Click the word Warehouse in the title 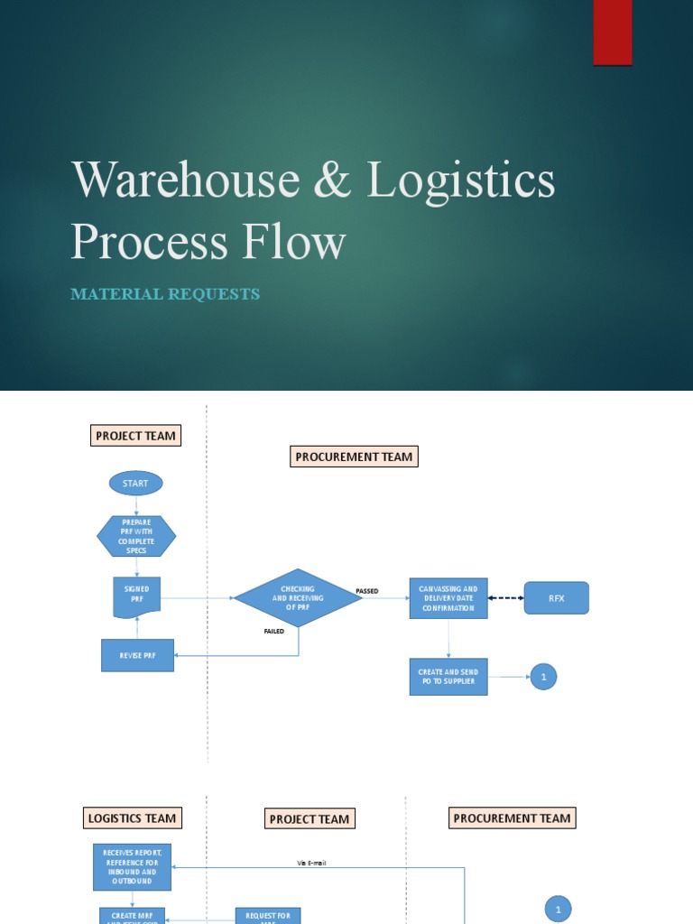(185, 179)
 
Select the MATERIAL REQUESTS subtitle (165, 294)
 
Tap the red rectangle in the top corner (613, 32)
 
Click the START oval (135, 484)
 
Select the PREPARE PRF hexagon (136, 536)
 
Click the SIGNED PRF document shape (136, 596)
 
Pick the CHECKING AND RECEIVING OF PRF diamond (298, 597)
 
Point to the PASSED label (367, 591)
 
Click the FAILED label (273, 632)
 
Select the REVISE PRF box (137, 655)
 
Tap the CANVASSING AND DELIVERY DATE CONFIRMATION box (448, 597)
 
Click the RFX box (556, 598)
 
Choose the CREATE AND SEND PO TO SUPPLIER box (448, 677)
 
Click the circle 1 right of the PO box (543, 677)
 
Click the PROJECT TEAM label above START (135, 436)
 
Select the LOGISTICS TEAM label (133, 818)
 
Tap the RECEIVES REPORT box (132, 867)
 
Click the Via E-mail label (311, 863)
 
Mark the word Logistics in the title (461, 179)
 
